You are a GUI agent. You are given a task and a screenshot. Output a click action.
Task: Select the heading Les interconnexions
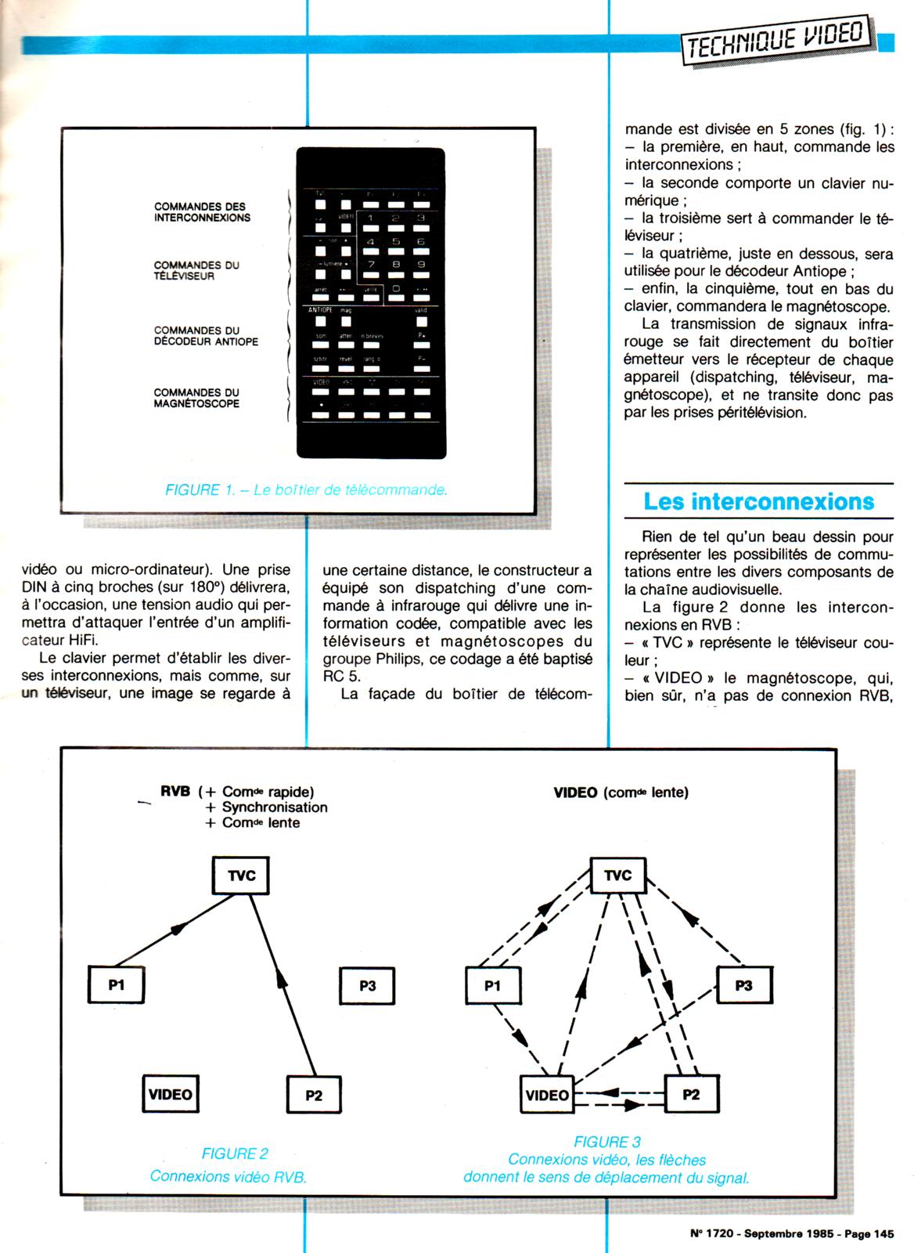click(x=758, y=501)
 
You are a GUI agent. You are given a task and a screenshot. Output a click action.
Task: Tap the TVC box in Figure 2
click(x=241, y=876)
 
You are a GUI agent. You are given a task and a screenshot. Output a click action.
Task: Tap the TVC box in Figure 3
click(x=617, y=875)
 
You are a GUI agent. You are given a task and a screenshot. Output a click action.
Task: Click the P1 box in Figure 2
click(x=117, y=985)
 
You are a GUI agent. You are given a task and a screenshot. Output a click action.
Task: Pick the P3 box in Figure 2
click(x=367, y=985)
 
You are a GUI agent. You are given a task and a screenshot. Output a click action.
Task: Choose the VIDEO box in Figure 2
click(x=170, y=1094)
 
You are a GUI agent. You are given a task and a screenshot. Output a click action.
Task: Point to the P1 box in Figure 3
click(x=492, y=985)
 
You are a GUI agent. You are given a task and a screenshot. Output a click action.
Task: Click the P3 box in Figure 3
click(x=743, y=985)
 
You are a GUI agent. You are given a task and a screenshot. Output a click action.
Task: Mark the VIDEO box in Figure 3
click(x=547, y=1094)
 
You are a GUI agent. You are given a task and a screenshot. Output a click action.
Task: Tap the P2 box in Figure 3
click(x=691, y=1094)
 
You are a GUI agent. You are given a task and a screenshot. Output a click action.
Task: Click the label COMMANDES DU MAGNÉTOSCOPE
click(x=196, y=398)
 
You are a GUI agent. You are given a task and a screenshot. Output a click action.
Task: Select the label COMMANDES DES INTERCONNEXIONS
click(x=202, y=212)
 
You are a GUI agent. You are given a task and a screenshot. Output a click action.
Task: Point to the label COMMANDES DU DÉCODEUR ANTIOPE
click(x=206, y=336)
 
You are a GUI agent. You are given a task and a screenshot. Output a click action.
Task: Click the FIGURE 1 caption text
click(x=306, y=490)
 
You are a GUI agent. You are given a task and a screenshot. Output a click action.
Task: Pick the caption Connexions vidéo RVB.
click(x=228, y=1176)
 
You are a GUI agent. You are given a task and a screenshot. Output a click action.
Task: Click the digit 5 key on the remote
click(x=395, y=242)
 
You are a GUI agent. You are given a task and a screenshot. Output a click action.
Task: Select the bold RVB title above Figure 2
click(x=175, y=792)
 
